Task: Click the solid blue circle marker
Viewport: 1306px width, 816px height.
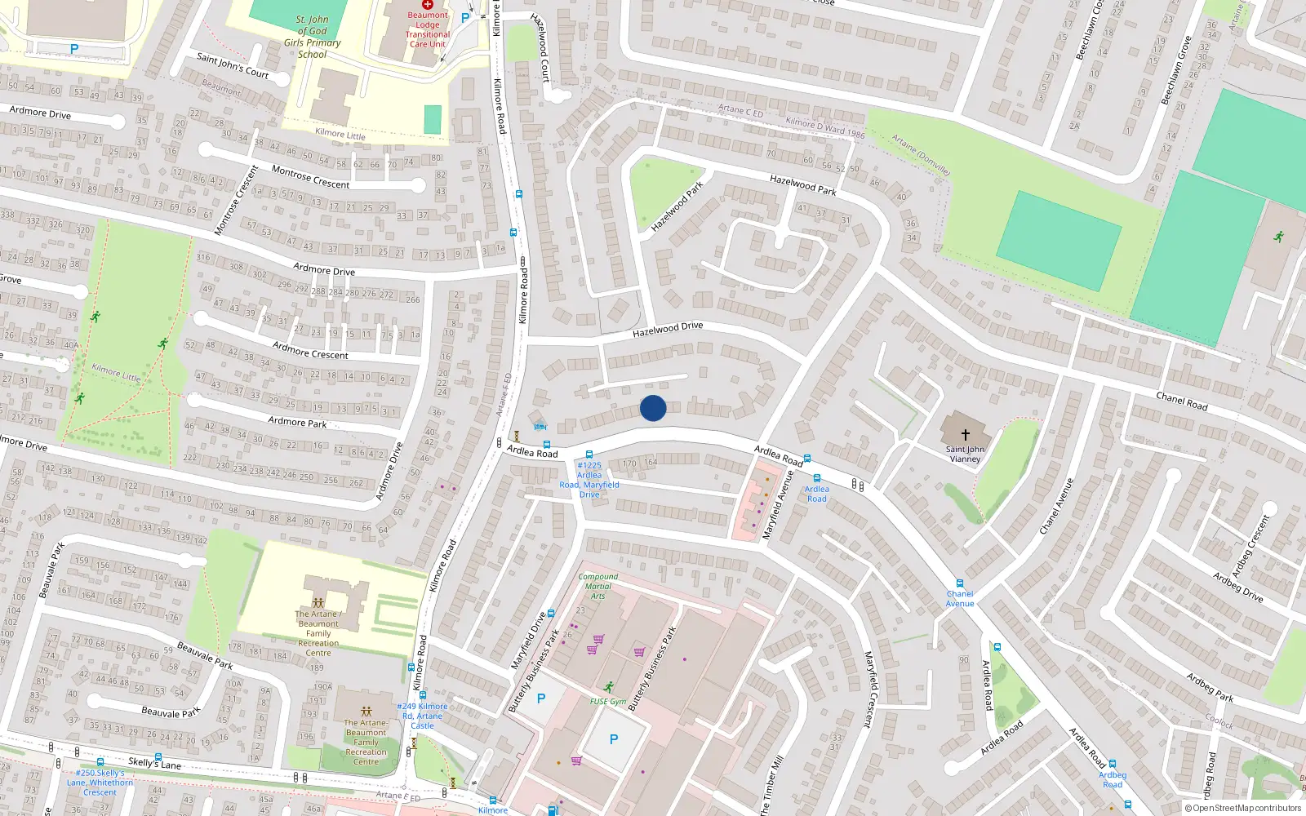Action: [653, 408]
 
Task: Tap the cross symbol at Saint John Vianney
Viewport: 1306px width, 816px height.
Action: [965, 435]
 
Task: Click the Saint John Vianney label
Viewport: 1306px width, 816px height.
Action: [965, 454]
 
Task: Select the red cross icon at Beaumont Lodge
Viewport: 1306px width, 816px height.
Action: [428, 5]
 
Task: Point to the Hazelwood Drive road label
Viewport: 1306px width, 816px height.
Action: [668, 329]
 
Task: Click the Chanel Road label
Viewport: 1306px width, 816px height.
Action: [1181, 401]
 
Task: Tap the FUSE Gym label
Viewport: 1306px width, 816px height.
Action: [608, 701]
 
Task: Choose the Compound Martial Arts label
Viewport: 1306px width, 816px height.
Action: [597, 586]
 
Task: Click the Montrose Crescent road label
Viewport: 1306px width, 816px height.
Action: [310, 177]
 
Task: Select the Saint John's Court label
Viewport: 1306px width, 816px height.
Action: [233, 64]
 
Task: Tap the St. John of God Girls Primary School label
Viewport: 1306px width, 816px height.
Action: [312, 37]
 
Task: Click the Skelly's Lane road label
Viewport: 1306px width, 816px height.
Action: [154, 763]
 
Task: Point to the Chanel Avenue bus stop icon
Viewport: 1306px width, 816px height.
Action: [960, 583]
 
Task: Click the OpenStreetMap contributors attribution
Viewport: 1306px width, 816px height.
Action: [1243, 809]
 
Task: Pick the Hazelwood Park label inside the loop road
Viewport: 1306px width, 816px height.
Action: [677, 207]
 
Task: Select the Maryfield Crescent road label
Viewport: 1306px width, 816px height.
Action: [869, 689]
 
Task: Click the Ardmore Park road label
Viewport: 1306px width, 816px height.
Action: [297, 422]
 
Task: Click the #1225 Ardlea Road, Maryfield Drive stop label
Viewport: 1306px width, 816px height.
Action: [589, 480]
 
